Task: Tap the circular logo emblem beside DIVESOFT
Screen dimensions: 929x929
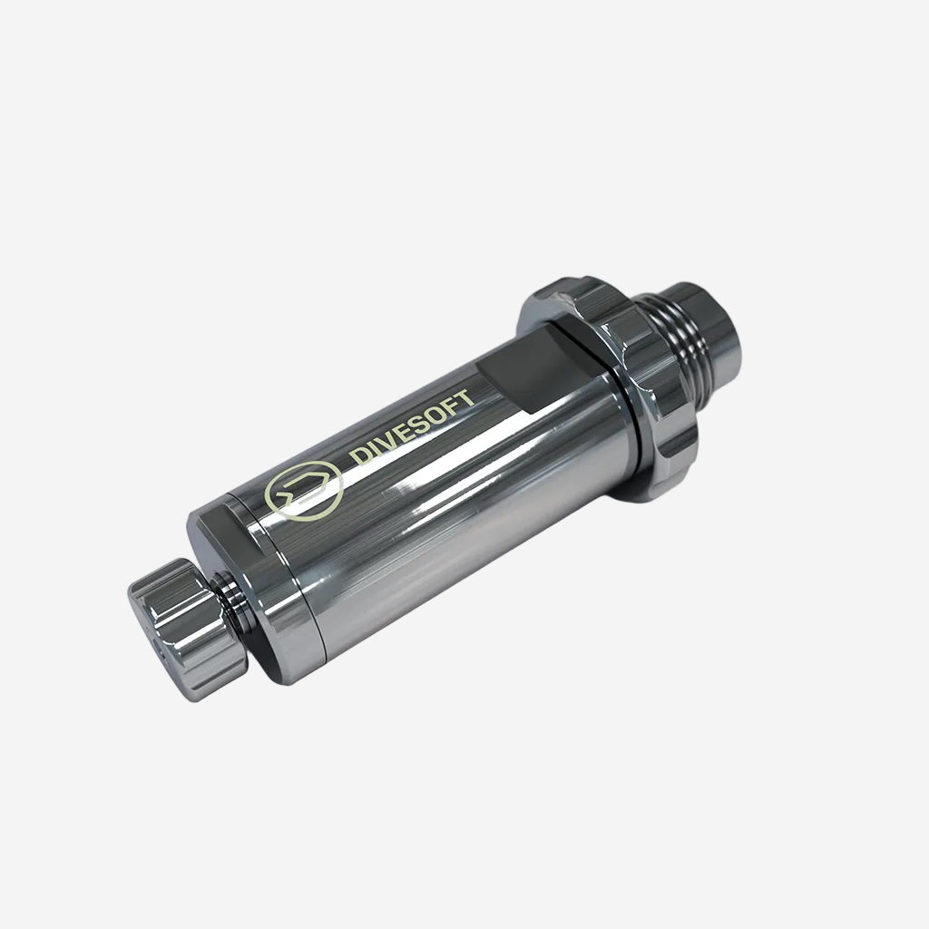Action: click(303, 490)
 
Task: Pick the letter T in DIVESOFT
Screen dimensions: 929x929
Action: click(464, 400)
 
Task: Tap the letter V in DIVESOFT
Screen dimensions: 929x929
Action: click(386, 442)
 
